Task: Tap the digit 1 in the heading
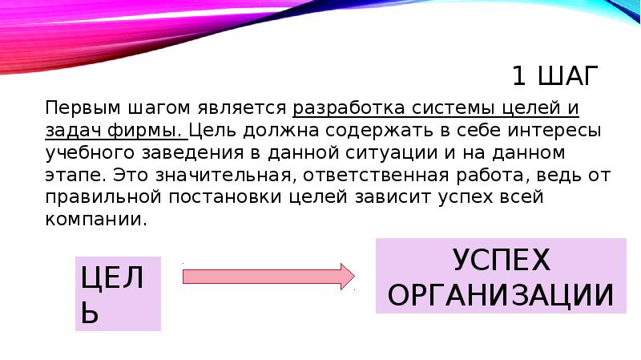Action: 520,77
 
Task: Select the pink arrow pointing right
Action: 268,277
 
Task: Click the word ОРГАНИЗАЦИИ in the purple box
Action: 501,296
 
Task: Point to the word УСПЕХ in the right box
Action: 502,260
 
